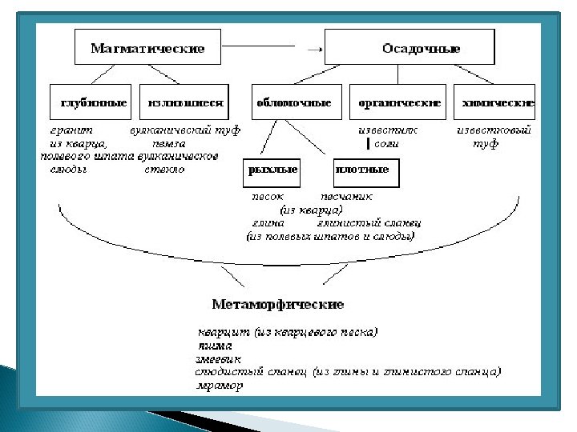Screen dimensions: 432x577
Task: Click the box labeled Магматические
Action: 147,48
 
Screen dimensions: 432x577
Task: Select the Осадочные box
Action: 410,48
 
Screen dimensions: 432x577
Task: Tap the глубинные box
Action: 93,103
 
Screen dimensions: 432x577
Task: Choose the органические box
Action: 399,103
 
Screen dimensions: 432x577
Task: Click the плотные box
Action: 365,170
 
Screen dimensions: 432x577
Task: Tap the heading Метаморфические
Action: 277,304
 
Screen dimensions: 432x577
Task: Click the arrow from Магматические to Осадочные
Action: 314,49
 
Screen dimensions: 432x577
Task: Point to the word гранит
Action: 72,130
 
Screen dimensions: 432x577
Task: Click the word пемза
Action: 169,143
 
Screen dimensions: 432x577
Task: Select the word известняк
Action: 387,130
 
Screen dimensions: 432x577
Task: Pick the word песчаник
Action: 346,196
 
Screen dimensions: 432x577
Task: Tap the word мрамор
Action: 220,385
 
